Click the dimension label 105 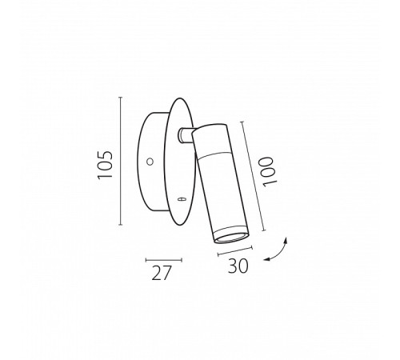(106, 165)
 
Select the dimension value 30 (238, 266)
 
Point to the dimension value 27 (161, 273)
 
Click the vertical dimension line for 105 (121, 161)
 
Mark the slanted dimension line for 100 (254, 176)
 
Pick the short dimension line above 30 (235, 251)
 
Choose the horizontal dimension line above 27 (164, 260)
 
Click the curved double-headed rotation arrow (278, 251)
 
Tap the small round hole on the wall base (150, 162)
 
